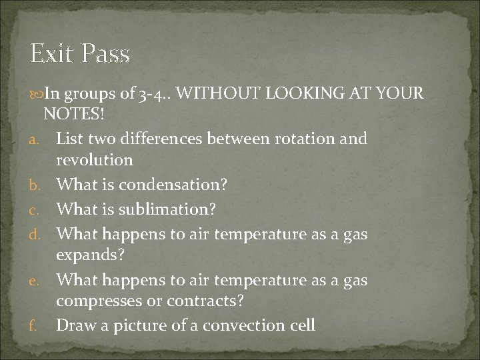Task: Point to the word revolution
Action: (x=95, y=160)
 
